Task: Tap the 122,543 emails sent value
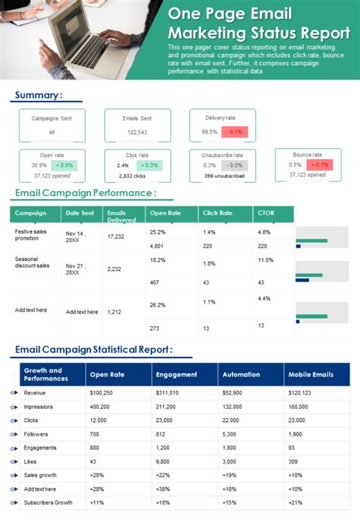point(137,132)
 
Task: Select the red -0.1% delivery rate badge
point(232,131)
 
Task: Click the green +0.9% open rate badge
point(65,165)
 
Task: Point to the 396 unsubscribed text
point(223,176)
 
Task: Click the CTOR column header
point(266,213)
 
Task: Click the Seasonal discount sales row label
point(32,262)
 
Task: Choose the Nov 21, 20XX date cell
point(76,270)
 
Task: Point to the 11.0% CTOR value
point(265,260)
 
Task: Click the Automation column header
point(240,374)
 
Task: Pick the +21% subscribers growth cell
point(295,502)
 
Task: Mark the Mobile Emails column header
point(310,374)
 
